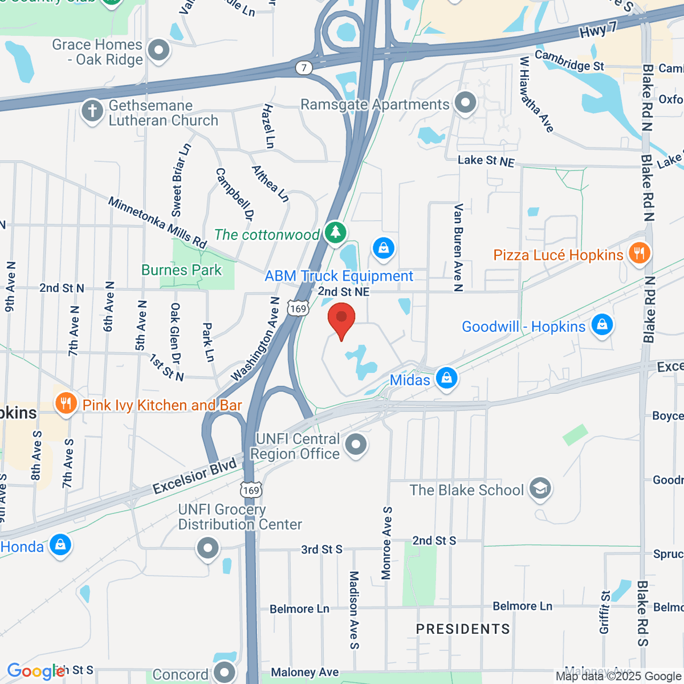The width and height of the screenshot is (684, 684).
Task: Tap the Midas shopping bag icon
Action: (446, 379)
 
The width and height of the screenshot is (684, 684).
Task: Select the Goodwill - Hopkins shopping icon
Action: (602, 325)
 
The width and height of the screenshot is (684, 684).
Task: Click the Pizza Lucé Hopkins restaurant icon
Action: (639, 253)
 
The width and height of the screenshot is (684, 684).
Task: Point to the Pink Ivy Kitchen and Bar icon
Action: (66, 404)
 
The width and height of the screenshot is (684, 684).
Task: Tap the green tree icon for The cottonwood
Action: (335, 233)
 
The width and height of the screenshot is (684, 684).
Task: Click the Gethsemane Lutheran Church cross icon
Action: (92, 111)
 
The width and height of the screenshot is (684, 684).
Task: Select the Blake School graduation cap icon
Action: (540, 488)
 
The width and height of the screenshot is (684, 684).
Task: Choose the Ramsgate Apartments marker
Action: (466, 104)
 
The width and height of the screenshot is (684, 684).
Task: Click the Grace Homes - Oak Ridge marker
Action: (159, 50)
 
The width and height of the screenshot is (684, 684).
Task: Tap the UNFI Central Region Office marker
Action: (356, 444)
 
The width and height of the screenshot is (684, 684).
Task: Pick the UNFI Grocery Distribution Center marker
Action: (207, 548)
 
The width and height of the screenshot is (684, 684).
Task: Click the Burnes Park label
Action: (181, 270)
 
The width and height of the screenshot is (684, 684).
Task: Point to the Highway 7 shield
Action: (304, 68)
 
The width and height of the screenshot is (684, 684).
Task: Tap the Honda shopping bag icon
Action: (60, 545)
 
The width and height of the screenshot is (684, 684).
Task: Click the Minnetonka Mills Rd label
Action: (157, 223)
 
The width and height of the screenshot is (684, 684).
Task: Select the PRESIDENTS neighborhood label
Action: (463, 629)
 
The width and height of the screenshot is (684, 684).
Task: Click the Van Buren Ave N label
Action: (458, 247)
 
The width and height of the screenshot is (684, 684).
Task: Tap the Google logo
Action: (35, 671)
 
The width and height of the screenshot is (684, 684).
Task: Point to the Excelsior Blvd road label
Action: (194, 477)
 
